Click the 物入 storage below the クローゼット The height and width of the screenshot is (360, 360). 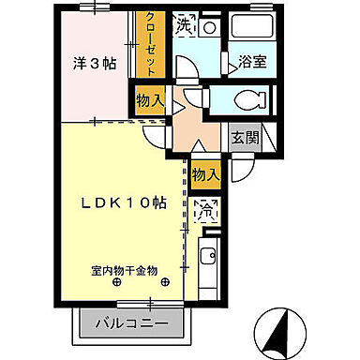(149, 97)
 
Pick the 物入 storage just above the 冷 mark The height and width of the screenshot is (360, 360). (206, 173)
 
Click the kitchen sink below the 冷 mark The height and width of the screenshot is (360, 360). (208, 254)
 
